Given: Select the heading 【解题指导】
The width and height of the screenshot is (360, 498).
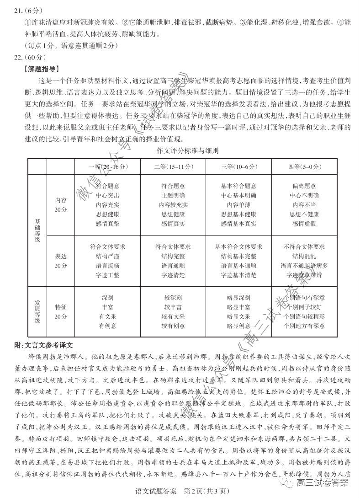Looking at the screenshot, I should click(40, 70).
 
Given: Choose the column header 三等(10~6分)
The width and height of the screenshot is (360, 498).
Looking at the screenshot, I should click(238, 166).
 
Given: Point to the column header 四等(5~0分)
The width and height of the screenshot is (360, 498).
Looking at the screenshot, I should click(304, 166).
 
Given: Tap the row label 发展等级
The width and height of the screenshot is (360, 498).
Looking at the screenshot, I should click(37, 311).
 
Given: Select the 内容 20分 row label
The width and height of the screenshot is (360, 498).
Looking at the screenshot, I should click(60, 205).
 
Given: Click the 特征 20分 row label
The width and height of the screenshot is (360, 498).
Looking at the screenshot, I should click(60, 311).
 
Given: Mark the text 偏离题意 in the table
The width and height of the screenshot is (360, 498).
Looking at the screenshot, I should click(304, 186).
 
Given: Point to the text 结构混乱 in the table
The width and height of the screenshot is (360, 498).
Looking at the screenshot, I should click(304, 256).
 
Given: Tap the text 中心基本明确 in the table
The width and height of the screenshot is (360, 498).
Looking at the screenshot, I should click(238, 195).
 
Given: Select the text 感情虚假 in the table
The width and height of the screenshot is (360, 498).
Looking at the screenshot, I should click(304, 224).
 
